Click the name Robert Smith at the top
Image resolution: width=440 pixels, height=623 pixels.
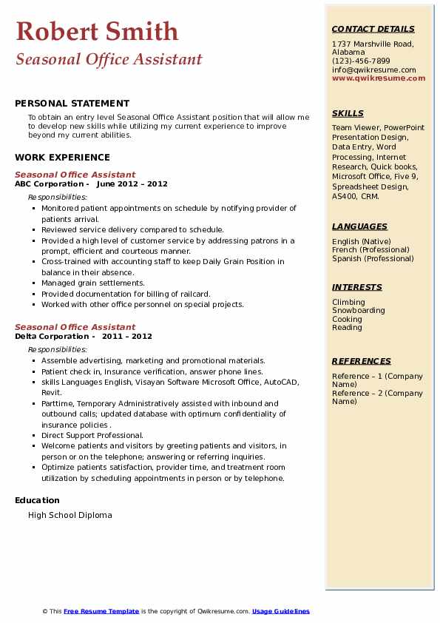pos(97,31)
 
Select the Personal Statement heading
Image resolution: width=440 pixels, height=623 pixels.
pos(72,104)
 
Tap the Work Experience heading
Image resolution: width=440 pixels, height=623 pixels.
pos(62,157)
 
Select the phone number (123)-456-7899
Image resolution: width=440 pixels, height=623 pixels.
pos(361,61)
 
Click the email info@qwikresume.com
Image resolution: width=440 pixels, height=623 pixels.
pos(373,70)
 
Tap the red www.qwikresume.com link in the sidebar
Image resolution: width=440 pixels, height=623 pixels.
pos(379,78)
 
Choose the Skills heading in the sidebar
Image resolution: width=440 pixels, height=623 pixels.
pos(348,113)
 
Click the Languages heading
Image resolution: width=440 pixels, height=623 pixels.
pos(359,226)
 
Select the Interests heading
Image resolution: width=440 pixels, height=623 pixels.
pos(357,287)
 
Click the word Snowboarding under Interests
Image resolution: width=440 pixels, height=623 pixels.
pos(358,311)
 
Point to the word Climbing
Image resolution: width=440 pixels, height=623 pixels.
pos(348,302)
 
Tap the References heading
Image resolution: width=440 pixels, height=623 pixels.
pos(362,361)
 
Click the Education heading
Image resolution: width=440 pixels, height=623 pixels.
pos(37,500)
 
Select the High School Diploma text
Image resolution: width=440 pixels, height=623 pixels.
pos(70,515)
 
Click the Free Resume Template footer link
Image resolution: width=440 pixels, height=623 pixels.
pos(101,611)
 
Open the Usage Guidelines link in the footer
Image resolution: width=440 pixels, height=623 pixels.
pos(280,611)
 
